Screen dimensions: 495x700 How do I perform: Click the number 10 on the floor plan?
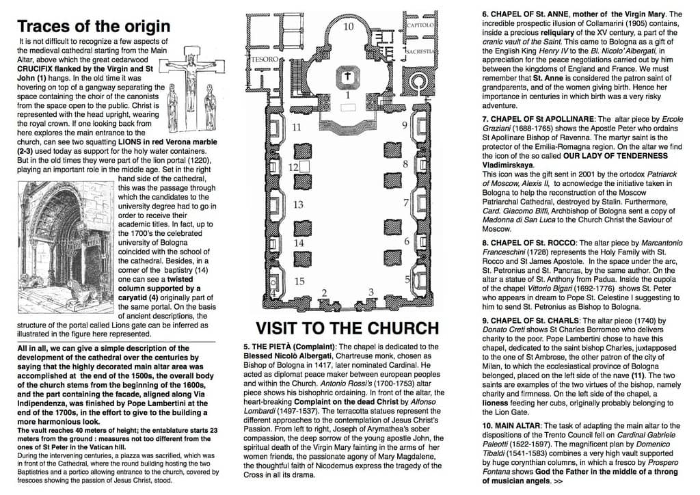pos(348,27)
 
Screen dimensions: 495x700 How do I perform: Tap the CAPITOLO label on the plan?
pos(421,25)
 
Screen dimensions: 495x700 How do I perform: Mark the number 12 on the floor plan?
pos(293,167)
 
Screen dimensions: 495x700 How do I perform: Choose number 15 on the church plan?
pos(299,281)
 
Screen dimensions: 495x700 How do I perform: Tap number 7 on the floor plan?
pos(405,203)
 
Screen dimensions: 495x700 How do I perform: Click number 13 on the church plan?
pos(298,204)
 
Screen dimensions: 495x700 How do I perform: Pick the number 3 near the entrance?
pos(371,292)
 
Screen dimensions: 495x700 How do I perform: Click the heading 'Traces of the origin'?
pos(94,27)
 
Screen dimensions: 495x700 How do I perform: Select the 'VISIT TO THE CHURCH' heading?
pos(347,327)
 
